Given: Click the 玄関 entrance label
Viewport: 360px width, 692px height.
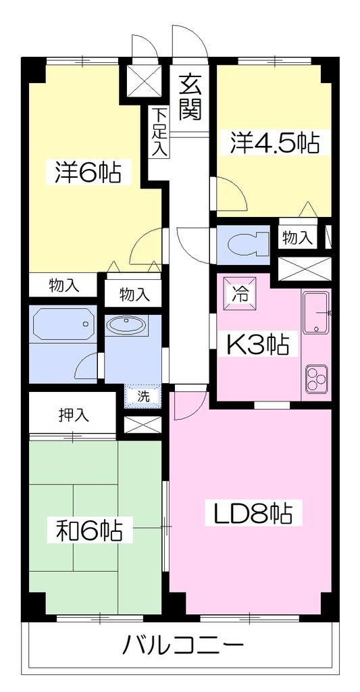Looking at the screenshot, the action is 190,97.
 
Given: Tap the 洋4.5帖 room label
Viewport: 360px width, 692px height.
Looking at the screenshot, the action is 274,142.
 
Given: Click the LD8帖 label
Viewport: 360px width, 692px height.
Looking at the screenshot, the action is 253,514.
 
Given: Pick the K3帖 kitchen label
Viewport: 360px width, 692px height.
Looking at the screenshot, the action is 258,345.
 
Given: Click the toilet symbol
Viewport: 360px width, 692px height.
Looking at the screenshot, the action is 249,245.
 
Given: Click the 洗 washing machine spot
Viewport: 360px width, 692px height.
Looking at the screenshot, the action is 143,395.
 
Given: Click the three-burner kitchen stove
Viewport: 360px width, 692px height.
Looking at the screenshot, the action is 316,379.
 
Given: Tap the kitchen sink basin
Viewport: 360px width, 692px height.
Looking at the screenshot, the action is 316,312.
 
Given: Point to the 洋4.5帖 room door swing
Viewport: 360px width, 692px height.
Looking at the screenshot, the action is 231,193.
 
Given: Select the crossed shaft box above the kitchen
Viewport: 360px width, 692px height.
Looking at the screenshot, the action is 304,268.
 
